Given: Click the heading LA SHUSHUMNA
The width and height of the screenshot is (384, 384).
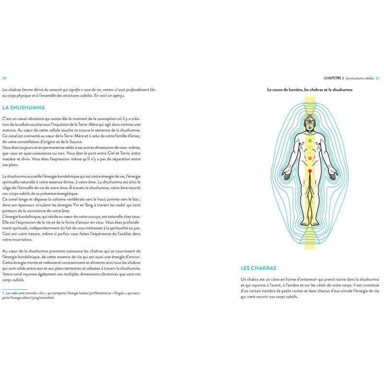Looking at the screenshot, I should pos(24,108).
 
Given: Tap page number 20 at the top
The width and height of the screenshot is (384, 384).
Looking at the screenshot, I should pos(4,78).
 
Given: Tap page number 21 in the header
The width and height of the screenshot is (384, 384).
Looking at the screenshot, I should pos(377,78).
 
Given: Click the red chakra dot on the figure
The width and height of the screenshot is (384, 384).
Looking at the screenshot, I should pos(310,171).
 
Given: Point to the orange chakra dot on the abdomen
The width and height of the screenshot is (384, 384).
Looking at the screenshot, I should pos(310,157).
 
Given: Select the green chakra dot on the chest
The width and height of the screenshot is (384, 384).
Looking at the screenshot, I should pos(310,141).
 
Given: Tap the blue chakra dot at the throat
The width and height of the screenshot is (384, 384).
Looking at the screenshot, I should pos(310,132).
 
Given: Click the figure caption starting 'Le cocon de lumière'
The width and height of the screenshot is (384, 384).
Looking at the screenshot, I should pos(310,89).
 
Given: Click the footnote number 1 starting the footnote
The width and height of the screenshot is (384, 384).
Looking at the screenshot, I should pos(3,292).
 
